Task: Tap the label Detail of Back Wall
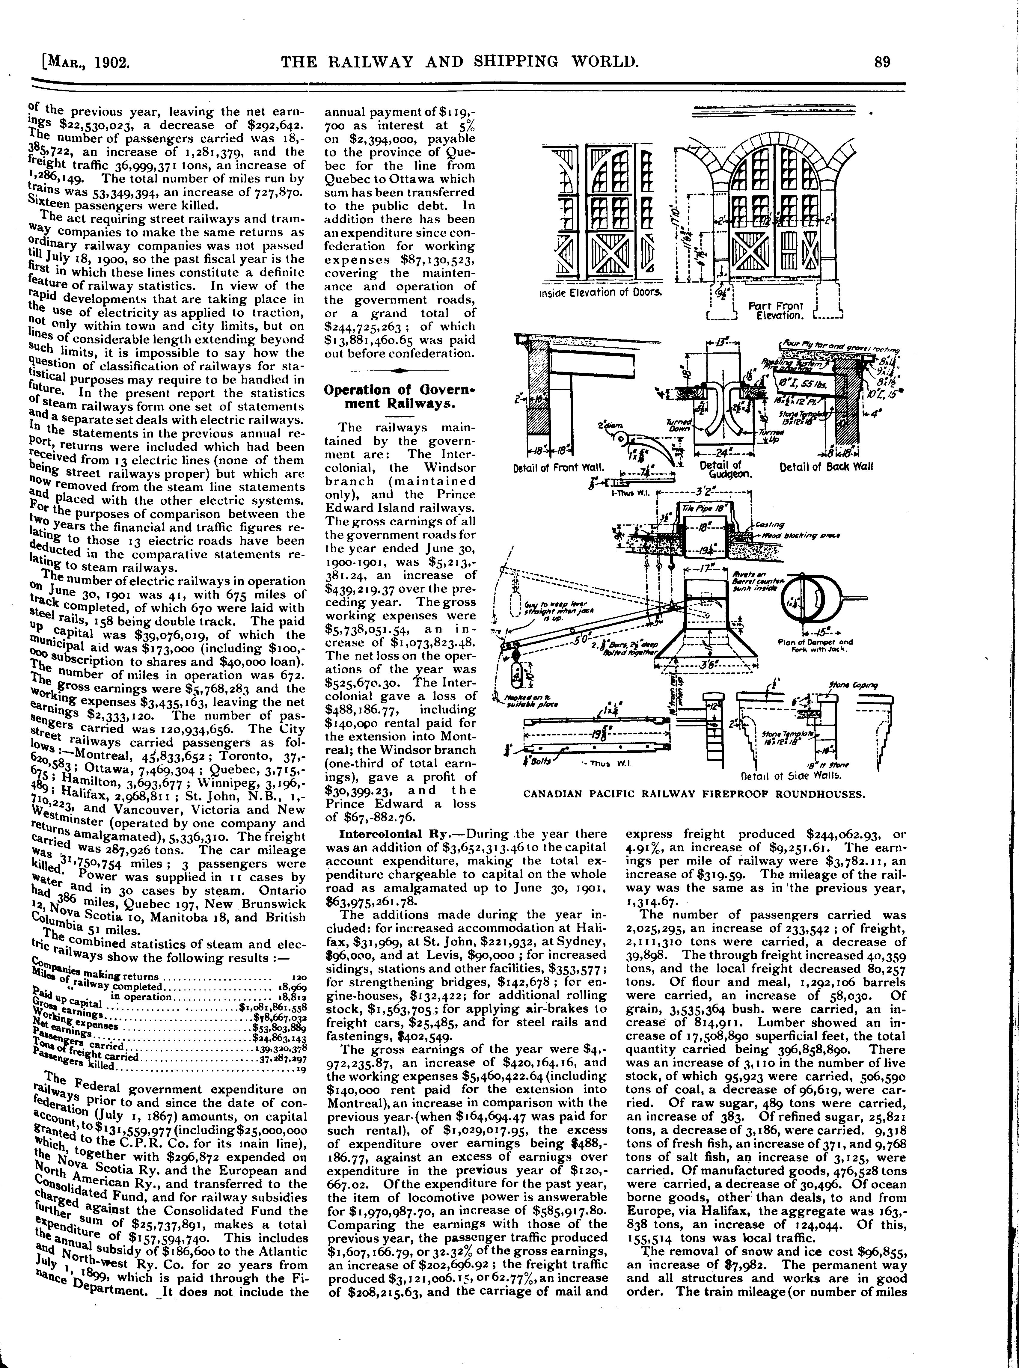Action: (827, 467)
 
